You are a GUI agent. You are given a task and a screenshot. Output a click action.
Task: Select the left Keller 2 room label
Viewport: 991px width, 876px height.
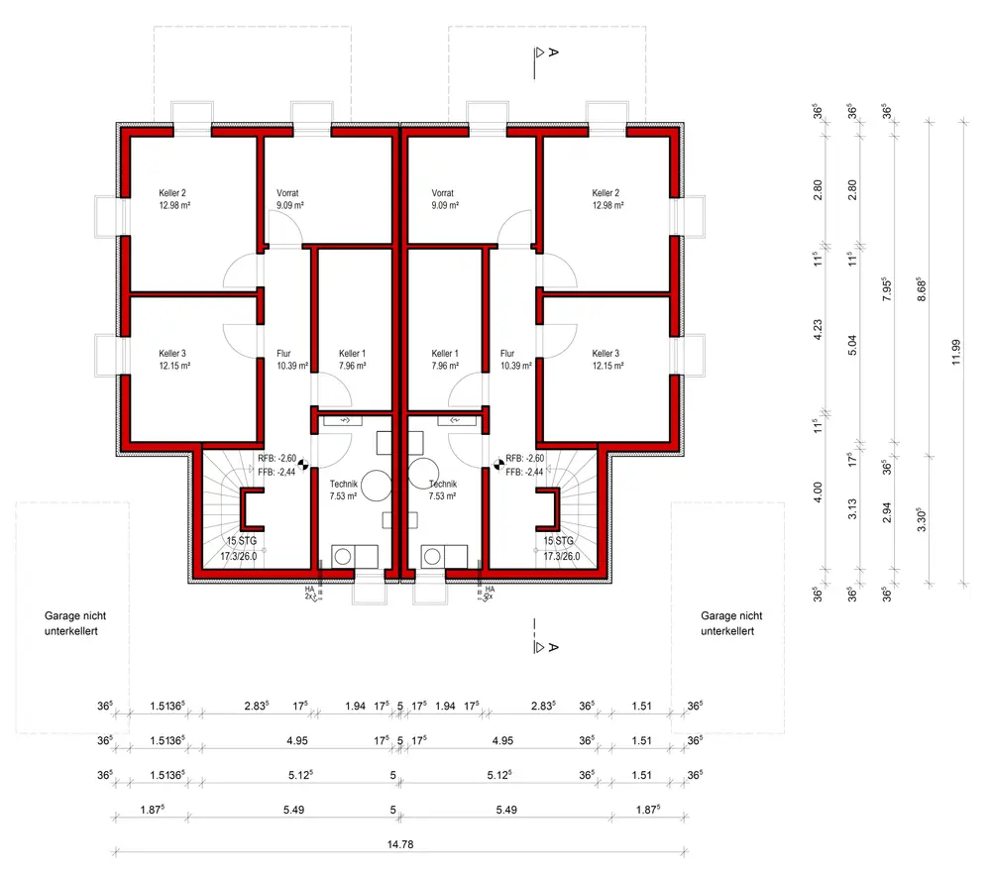click(172, 199)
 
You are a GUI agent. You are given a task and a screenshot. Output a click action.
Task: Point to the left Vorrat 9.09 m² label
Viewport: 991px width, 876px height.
click(288, 199)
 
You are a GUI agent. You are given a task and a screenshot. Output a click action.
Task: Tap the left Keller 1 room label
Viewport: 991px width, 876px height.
click(352, 360)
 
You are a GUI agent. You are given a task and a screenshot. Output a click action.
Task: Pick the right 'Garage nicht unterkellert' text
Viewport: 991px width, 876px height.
click(731, 622)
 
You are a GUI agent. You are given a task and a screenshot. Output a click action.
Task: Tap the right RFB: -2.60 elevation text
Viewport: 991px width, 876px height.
click(524, 459)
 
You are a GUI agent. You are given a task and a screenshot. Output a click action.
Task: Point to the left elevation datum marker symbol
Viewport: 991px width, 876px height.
click(303, 461)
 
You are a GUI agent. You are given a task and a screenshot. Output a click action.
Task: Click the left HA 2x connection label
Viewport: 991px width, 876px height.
click(309, 593)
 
